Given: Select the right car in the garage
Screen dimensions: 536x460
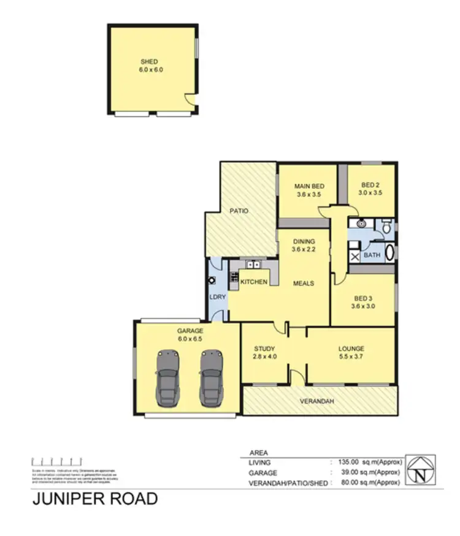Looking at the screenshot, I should pos(212,378).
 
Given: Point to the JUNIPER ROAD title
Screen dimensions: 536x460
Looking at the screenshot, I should pos(94,499).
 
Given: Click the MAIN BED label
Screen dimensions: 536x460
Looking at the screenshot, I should pos(309,187).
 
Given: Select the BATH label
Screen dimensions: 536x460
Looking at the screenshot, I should pos(372,254).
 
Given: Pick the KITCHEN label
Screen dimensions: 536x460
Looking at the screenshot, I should pos(253,282).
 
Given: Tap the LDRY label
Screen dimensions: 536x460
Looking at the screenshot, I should pos(218,296).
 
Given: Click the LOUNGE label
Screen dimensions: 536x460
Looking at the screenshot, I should pos(351,349).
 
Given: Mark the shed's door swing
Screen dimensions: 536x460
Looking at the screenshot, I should pos(192,101).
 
